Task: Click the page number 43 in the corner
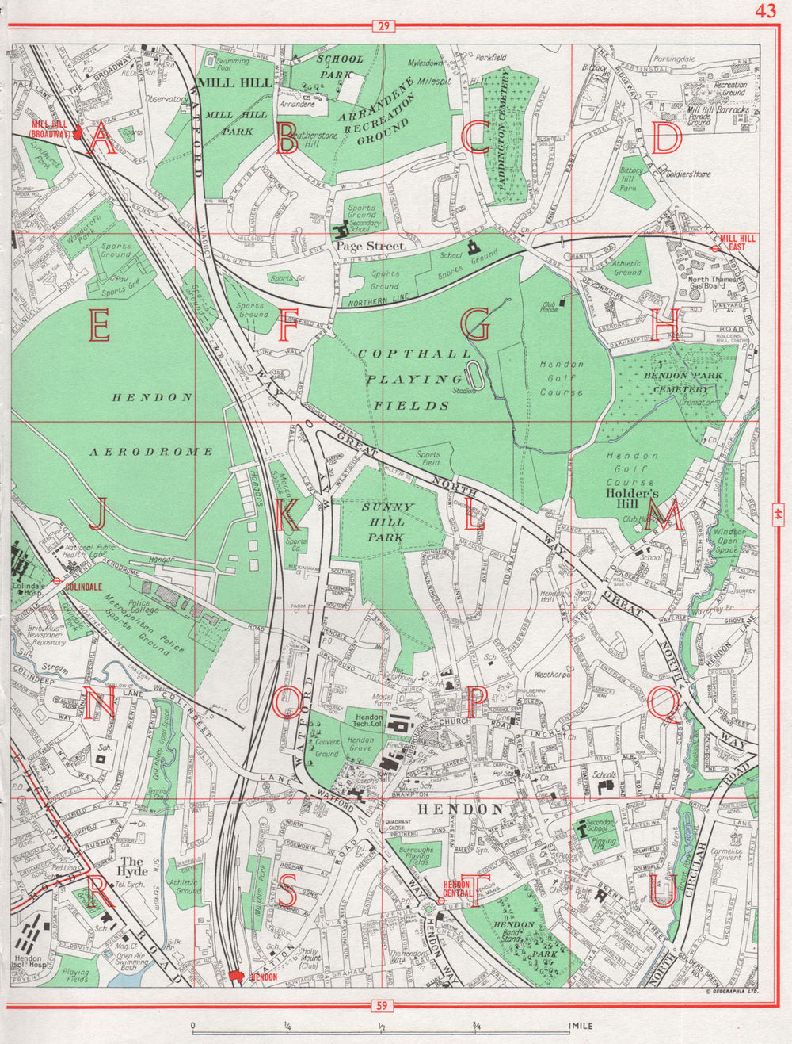tap(765, 10)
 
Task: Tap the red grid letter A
tap(101, 140)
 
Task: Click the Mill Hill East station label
tap(737, 242)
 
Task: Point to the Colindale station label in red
tap(83, 587)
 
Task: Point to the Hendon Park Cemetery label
tap(680, 382)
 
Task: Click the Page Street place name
tap(370, 247)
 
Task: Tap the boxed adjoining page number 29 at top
tap(383, 27)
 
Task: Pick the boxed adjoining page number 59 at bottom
tap(383, 1007)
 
